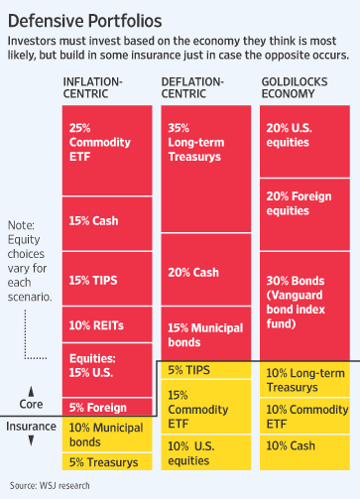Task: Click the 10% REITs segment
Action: click(107, 325)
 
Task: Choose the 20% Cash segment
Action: click(205, 272)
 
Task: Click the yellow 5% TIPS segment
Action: click(205, 371)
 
